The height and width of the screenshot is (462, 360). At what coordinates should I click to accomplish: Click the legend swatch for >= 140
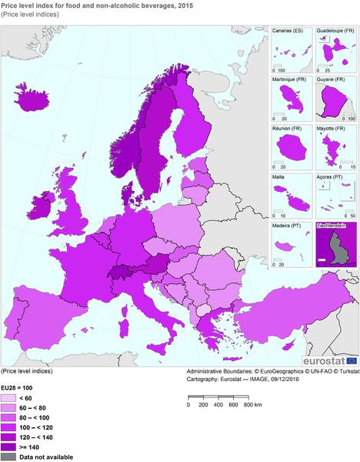(x=9, y=447)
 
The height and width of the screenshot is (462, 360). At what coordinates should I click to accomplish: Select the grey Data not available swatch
(x=9, y=457)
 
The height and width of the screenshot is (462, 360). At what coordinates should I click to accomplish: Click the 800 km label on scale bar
(x=251, y=403)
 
